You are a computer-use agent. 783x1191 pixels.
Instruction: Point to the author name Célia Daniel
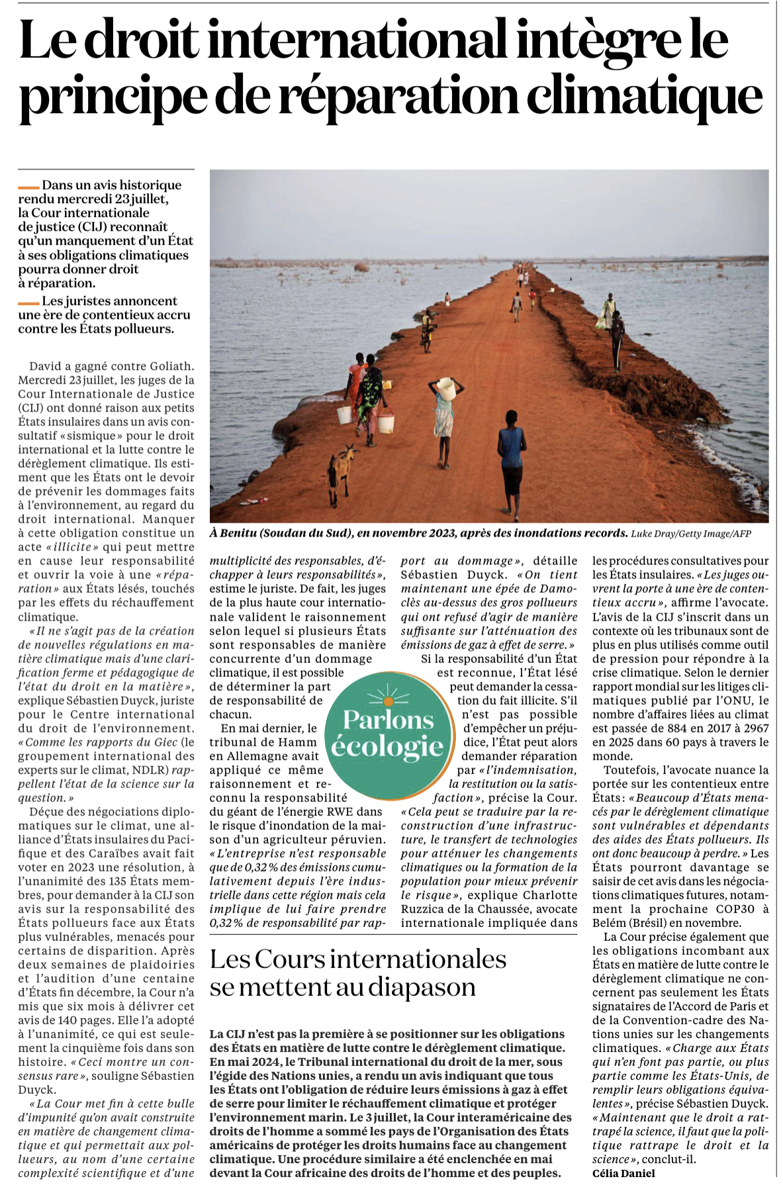623,1173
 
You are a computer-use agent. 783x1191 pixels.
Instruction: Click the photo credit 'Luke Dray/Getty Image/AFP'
691,534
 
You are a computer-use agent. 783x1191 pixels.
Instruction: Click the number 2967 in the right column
754,728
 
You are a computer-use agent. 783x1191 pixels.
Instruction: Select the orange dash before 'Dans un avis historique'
28,187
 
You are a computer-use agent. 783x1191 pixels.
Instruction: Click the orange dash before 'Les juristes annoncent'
28,303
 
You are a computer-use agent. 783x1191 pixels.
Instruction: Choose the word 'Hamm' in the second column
301,742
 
